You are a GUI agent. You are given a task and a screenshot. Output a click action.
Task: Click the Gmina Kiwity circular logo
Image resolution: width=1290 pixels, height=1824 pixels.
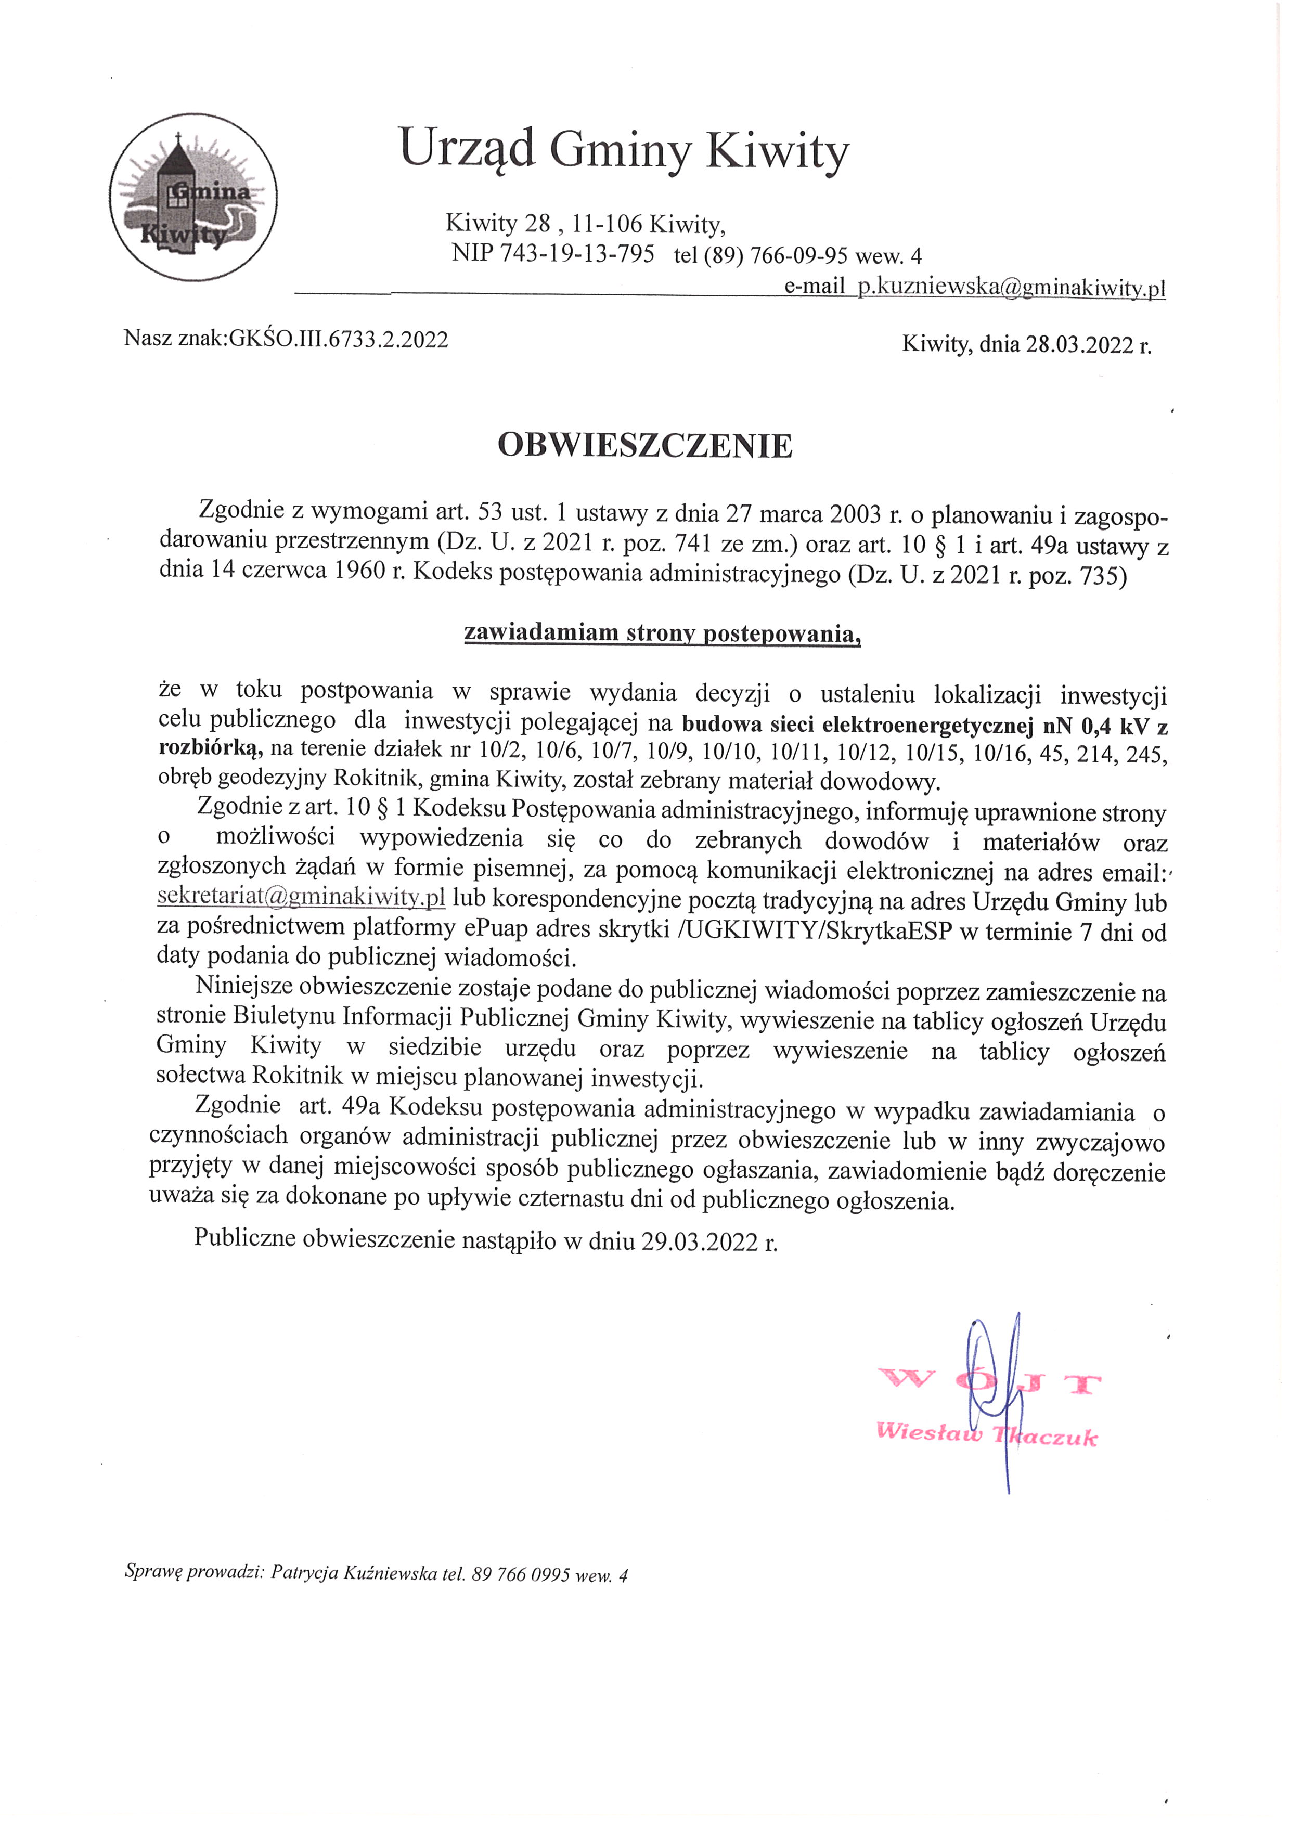click(193, 197)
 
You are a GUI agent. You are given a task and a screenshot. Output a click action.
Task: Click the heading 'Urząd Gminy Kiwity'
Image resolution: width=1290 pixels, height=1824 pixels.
click(624, 149)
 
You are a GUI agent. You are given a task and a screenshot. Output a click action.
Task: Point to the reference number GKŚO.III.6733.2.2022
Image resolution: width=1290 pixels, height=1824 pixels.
click(339, 340)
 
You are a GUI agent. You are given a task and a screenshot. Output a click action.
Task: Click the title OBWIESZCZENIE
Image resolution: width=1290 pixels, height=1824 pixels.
click(645, 446)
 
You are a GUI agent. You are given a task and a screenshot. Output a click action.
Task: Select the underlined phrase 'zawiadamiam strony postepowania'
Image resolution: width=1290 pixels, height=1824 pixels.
click(662, 633)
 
